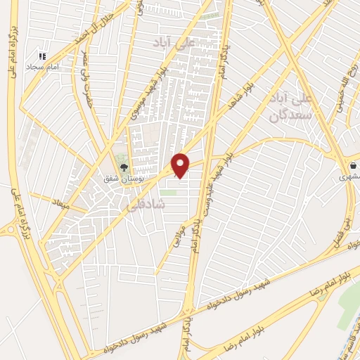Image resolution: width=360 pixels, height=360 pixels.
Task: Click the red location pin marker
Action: click(181, 165)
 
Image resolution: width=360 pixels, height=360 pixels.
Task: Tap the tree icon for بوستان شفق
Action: click(124, 167)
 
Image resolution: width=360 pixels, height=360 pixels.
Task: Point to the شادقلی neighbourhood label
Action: click(145, 204)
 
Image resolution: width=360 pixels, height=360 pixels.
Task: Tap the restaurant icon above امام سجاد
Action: click(43, 55)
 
